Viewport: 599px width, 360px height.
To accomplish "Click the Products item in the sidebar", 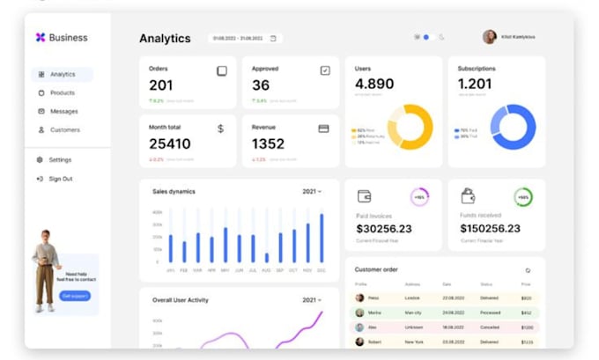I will pos(62,92).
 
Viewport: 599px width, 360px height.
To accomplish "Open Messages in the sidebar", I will pos(63,111).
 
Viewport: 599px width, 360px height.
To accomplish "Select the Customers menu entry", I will pos(64,129).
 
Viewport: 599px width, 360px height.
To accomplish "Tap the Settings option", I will pos(60,159).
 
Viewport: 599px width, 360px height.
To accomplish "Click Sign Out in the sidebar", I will pos(60,179).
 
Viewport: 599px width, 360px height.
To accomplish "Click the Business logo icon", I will pos(40,37).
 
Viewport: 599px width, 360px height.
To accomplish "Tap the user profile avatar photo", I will pos(489,37).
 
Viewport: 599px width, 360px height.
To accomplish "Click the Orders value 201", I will pos(161,85).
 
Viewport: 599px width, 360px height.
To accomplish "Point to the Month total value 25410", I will pos(169,143).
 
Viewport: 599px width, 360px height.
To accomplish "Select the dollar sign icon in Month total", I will pos(220,129).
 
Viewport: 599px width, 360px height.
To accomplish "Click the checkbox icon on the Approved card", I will pos(324,70).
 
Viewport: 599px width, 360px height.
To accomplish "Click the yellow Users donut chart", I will pos(410,127).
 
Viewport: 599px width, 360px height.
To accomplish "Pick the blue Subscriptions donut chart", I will pos(513,127).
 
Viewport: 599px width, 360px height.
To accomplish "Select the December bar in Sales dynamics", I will pos(322,238).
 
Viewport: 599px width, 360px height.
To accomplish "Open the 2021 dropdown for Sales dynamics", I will pos(312,191).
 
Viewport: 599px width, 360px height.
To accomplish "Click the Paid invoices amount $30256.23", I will pos(383,229).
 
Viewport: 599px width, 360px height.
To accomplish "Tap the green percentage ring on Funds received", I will pos(523,197).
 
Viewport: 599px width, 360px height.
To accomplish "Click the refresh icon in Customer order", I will pos(528,270).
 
